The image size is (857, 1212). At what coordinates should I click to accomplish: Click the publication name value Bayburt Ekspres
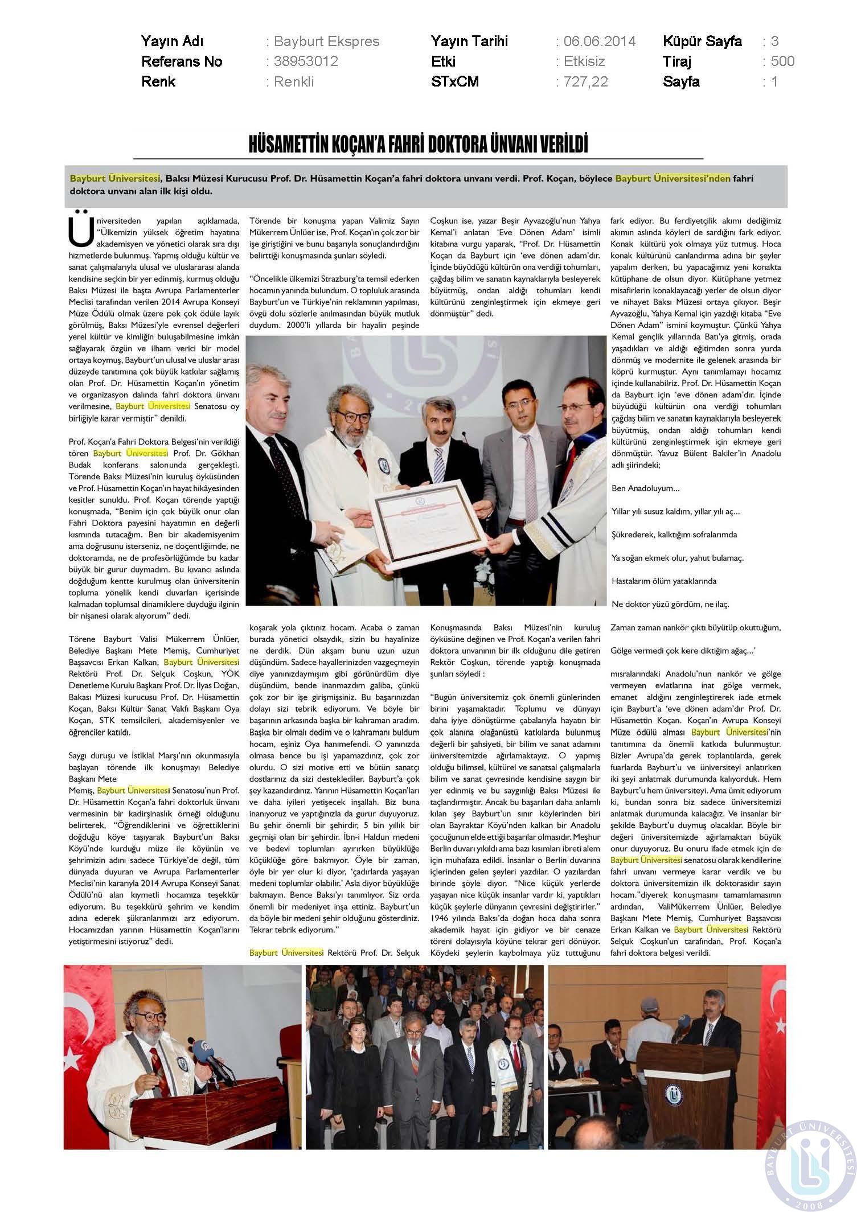[x=326, y=42]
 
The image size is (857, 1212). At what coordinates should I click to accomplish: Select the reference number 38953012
[x=306, y=61]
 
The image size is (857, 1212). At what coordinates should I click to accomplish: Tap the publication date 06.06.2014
[x=599, y=42]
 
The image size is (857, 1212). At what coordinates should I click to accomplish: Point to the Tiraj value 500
[x=782, y=61]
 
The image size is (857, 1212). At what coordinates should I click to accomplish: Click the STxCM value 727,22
[x=585, y=82]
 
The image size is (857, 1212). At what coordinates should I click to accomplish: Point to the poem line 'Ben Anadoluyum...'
[x=645, y=488]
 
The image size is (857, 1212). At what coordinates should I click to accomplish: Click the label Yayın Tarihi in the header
[x=469, y=42]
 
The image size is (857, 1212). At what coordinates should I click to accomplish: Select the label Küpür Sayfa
[x=702, y=42]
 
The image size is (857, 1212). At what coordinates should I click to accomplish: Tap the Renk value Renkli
[x=294, y=82]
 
